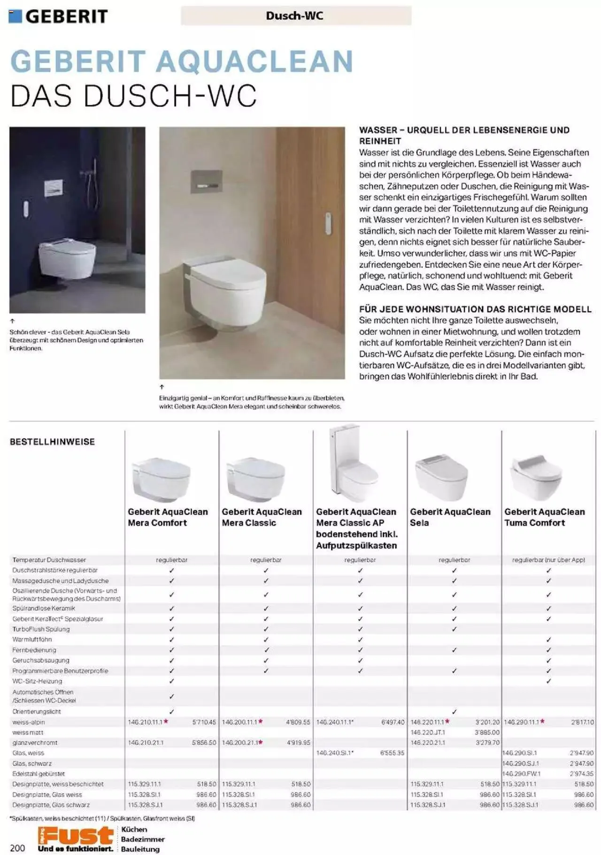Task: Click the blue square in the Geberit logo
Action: point(15,16)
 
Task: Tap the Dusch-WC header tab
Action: point(295,16)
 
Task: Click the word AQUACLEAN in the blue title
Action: point(254,62)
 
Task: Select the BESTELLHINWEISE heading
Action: point(52,442)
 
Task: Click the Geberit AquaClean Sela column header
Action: point(449,517)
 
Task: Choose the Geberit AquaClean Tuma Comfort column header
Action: point(544,517)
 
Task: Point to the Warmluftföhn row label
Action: point(32,639)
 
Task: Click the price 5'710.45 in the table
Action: point(204,722)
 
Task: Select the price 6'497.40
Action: point(393,722)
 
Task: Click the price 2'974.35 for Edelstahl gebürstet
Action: point(581,773)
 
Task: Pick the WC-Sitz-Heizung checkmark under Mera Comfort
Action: point(171,681)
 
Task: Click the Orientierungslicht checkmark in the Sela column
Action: point(454,712)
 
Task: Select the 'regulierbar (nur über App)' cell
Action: point(548,560)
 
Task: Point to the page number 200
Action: point(17,847)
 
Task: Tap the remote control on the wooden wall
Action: point(328,223)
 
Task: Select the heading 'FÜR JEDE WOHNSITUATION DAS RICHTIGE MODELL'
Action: point(475,309)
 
